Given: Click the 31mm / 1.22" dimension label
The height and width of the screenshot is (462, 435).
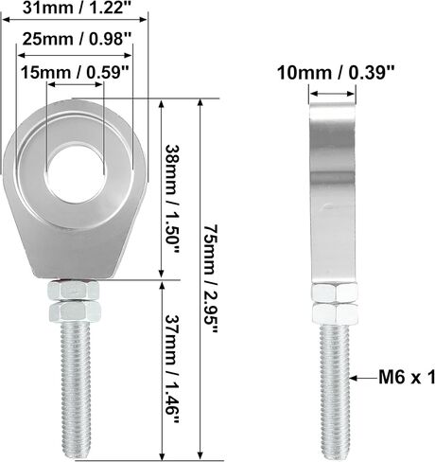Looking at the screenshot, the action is [77, 8].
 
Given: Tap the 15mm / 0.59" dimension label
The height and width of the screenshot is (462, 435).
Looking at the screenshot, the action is [75, 73].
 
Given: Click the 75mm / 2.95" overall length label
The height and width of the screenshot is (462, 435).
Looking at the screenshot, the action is [210, 279].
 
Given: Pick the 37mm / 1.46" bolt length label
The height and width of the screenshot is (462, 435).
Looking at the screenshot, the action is [172, 369].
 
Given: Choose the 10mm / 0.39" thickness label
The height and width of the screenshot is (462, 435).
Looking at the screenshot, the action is [336, 73].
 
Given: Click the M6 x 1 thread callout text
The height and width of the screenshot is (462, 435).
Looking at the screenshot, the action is [407, 377].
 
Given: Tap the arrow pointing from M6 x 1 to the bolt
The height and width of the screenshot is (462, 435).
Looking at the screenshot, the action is [363, 378].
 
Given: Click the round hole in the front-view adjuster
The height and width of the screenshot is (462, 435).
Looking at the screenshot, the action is [75, 173].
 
